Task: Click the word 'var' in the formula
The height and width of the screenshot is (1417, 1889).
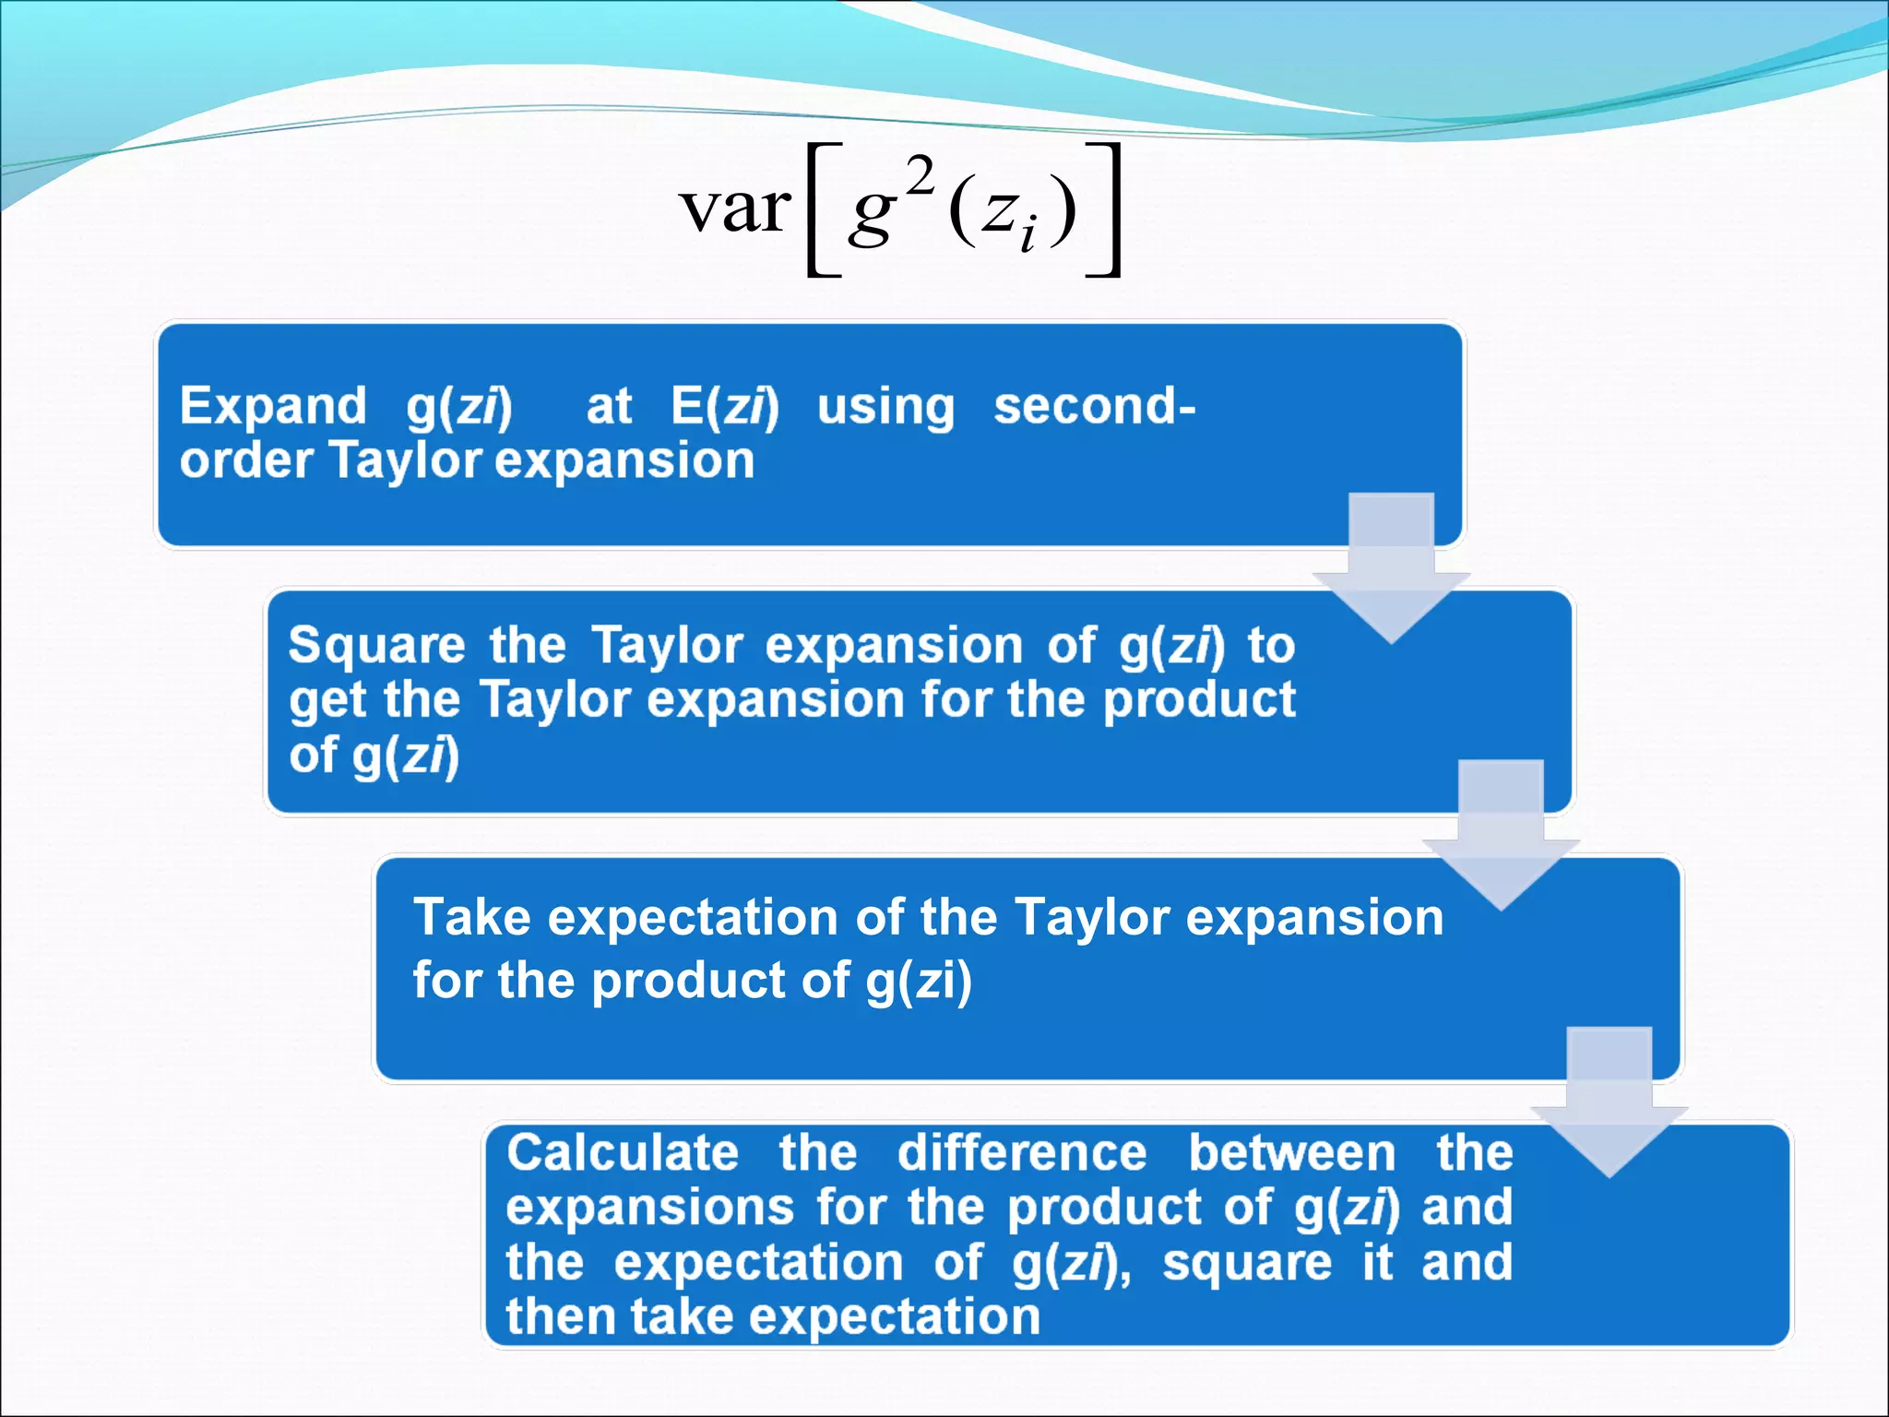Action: click(x=735, y=208)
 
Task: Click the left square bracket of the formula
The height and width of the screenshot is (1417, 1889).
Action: click(x=822, y=209)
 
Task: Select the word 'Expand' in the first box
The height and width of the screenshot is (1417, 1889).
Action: click(x=273, y=406)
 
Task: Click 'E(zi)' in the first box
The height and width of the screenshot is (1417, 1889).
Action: click(x=725, y=406)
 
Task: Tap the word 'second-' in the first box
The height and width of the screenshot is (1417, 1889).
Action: click(x=1094, y=406)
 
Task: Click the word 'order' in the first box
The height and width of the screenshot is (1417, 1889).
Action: click(x=245, y=460)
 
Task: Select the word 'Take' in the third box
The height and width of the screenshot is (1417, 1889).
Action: click(x=471, y=918)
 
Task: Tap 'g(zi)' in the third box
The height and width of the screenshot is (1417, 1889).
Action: click(x=919, y=980)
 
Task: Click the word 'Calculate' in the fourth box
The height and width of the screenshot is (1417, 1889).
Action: click(x=623, y=1153)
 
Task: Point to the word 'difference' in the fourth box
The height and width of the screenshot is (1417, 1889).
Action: click(x=1022, y=1153)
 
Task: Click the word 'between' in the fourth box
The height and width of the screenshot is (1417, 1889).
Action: click(x=1291, y=1153)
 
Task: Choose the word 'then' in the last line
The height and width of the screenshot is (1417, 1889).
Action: click(x=559, y=1316)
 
